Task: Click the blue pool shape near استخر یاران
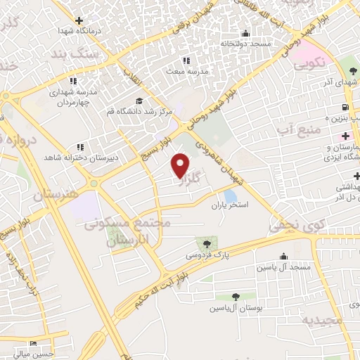230,195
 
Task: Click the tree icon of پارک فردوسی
205,243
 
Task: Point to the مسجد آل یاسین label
283,268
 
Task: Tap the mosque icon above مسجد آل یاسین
283,257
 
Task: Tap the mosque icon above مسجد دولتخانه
245,33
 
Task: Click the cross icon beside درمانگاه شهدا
79,21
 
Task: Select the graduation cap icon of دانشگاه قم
139,101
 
